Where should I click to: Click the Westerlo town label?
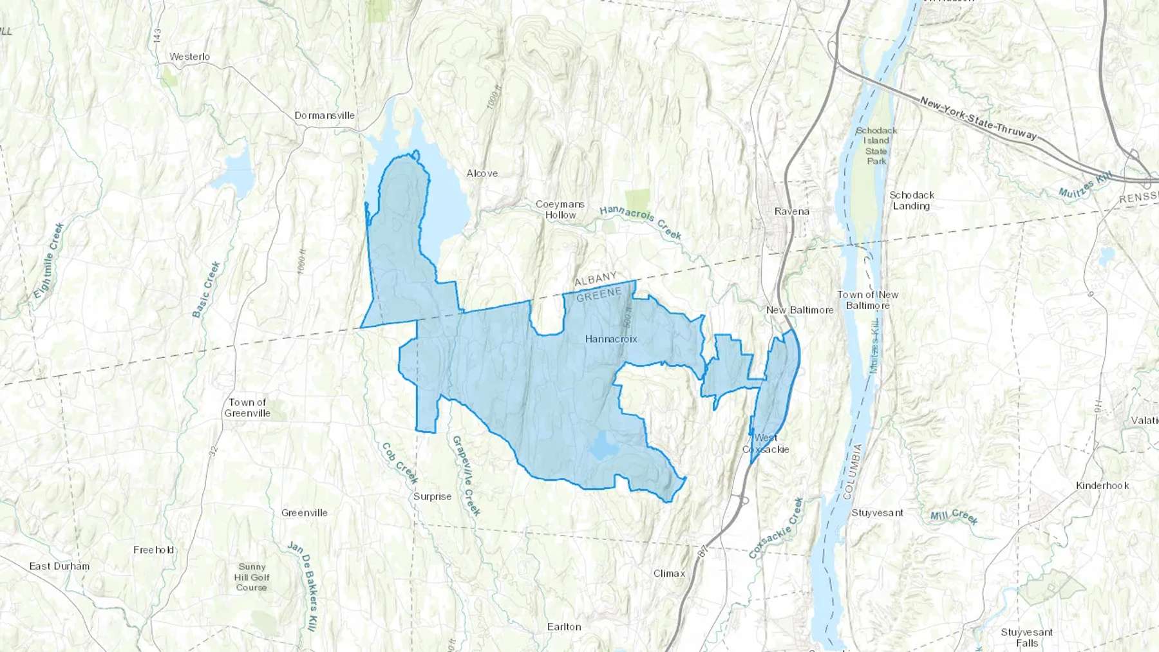189,57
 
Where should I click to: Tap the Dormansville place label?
325,116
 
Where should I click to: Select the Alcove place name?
482,173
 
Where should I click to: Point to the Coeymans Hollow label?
560,209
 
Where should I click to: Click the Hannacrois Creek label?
640,222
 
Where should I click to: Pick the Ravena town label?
791,211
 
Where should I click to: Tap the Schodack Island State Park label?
876,145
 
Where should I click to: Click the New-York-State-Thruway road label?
978,118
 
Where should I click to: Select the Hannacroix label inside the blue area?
610,339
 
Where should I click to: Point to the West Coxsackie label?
766,443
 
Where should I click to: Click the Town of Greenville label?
247,407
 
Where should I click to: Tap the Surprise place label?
432,497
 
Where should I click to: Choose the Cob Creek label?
399,462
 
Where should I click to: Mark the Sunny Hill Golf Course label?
252,577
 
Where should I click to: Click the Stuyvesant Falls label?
1026,637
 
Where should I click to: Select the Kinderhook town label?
1102,485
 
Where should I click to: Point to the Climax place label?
669,573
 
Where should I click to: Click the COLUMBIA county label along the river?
852,471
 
